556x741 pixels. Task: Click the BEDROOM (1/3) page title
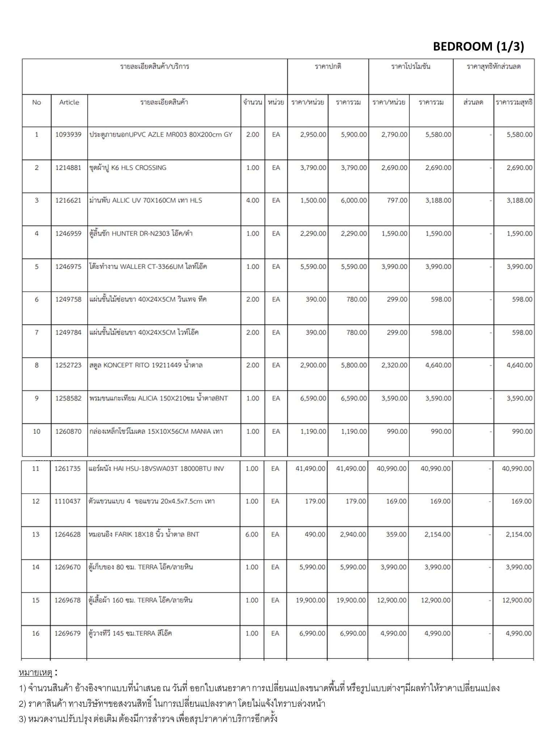pos(478,46)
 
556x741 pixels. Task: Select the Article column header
pos(69,102)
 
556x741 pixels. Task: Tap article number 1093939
pos(68,135)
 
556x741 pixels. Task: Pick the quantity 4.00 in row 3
pos(253,200)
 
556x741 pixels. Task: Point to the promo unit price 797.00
pos(397,200)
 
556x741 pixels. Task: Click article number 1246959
pos(68,234)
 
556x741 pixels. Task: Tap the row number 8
pos(37,365)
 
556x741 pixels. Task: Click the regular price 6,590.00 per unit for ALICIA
pos(313,398)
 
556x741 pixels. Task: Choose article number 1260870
pos(68,431)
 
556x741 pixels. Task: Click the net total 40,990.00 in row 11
pos(517,469)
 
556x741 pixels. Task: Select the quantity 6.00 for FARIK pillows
pos(252,534)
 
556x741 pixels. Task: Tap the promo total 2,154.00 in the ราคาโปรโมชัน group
pos(437,534)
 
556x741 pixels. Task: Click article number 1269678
pos(68,600)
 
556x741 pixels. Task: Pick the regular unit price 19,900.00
pos(311,600)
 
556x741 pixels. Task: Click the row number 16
pos(36,634)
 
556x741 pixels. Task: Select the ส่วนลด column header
pos(473,102)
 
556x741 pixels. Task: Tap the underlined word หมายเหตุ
pos(35,673)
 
